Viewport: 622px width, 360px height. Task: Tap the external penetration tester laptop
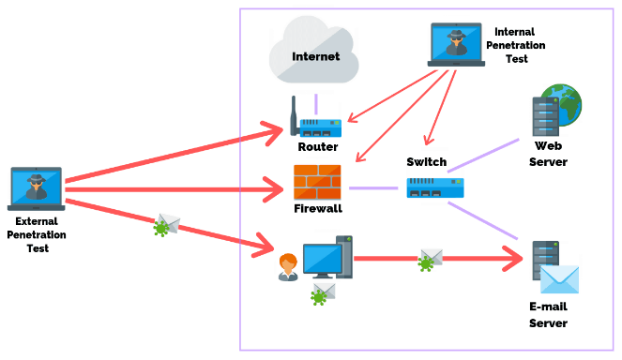(36, 187)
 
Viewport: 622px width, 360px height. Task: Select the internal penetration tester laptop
(456, 45)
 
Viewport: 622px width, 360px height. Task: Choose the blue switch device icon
(435, 187)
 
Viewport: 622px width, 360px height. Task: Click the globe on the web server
(565, 102)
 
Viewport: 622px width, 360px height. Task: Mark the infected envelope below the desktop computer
(323, 294)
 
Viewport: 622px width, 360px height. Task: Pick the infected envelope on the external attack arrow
(166, 225)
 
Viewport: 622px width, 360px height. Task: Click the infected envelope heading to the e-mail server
(429, 260)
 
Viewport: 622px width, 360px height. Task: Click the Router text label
(317, 147)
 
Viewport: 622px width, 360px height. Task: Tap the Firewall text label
(317, 208)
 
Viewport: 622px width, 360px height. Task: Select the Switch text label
(427, 162)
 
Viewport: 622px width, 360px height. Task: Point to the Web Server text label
(549, 154)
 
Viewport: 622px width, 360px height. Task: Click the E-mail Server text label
(549, 315)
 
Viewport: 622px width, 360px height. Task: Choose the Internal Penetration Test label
(521, 45)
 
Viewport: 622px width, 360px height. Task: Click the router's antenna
(294, 109)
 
